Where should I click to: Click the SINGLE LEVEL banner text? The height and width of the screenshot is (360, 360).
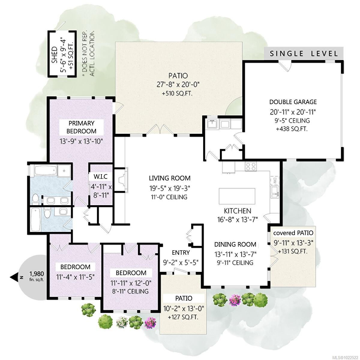coord(304,54)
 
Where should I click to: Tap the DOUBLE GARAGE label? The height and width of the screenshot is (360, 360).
coord(293,102)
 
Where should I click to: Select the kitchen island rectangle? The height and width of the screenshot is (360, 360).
coord(237,196)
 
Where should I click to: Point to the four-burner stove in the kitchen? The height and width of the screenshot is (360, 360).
coord(251,166)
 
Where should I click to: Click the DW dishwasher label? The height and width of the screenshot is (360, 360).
coord(274,181)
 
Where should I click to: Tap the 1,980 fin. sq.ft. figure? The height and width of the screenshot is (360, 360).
coord(37,276)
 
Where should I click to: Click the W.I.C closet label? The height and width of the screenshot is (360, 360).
coord(100,176)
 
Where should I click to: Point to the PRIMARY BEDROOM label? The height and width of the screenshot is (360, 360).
coord(82,127)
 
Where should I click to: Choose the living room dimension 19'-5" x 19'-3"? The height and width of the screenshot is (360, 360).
coord(169,188)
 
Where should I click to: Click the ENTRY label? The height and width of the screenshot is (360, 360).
coord(181,253)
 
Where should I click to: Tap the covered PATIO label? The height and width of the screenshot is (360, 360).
coord(293,233)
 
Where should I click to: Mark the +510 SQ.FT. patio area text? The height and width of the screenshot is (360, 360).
coord(177,93)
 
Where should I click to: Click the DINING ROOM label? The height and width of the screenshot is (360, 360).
coord(235,244)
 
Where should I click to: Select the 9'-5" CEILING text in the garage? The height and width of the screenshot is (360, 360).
coord(292,121)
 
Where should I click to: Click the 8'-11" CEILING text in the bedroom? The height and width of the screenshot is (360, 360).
coord(130,291)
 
